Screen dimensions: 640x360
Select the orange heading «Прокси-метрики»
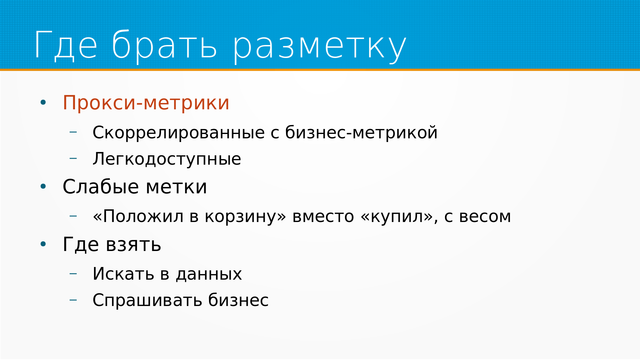tap(146, 103)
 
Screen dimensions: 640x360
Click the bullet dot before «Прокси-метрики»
tap(43, 103)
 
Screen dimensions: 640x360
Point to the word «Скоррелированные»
tap(179, 133)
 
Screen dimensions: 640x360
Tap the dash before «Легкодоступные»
tap(73, 159)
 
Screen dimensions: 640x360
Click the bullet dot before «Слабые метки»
tap(43, 187)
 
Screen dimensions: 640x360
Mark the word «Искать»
tap(123, 274)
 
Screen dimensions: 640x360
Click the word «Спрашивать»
tap(147, 301)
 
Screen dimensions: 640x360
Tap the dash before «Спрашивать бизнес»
tap(73, 300)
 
